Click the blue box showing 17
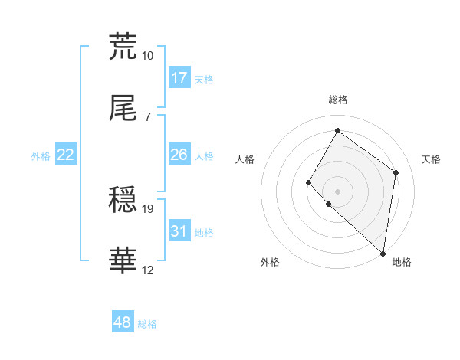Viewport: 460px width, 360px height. pos(179,78)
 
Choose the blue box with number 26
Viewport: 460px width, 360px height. pos(179,155)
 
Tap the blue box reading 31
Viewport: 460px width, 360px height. pos(179,231)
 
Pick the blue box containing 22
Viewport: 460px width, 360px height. pos(66,155)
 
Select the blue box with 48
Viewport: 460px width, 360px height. pos(123,322)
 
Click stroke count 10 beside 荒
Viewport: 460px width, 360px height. pos(147,56)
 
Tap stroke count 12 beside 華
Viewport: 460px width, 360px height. pos(147,271)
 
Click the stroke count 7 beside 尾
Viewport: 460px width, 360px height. pos(147,117)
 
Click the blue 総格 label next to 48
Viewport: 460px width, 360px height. pos(147,324)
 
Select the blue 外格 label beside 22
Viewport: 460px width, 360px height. pos(41,155)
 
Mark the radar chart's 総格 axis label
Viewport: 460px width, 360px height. pos(338,100)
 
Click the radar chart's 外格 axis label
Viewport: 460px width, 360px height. pos(270,262)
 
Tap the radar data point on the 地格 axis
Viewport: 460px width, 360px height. pos(383,253)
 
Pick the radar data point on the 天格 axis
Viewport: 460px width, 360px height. pos(396,172)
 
